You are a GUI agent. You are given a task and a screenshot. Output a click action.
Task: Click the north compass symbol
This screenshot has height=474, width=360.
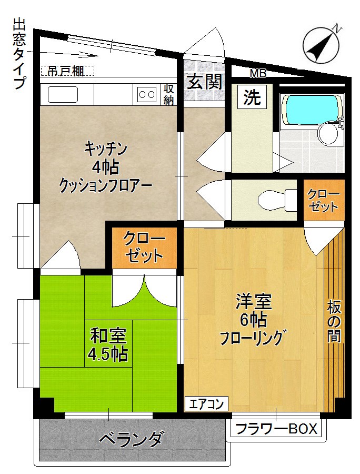click(x=322, y=43)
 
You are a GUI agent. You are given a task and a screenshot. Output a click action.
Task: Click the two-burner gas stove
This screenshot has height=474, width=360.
click(x=146, y=94)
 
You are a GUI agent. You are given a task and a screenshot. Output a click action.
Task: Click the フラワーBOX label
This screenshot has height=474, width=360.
click(x=277, y=429)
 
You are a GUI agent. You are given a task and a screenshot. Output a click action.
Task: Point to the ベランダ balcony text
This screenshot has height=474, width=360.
click(x=131, y=439)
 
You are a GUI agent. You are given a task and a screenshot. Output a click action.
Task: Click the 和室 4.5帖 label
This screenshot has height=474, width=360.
click(x=108, y=344)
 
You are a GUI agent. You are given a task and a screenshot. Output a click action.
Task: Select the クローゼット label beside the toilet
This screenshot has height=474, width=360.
click(x=324, y=200)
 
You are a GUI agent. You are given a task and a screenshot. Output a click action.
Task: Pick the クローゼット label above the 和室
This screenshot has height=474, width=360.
click(x=144, y=248)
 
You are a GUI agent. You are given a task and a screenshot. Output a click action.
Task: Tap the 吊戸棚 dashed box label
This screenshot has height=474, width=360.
click(x=67, y=71)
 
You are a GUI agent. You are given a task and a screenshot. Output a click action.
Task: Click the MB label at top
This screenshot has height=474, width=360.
click(x=258, y=73)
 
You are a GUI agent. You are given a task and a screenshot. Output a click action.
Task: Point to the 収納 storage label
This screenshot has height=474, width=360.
click(x=168, y=94)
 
